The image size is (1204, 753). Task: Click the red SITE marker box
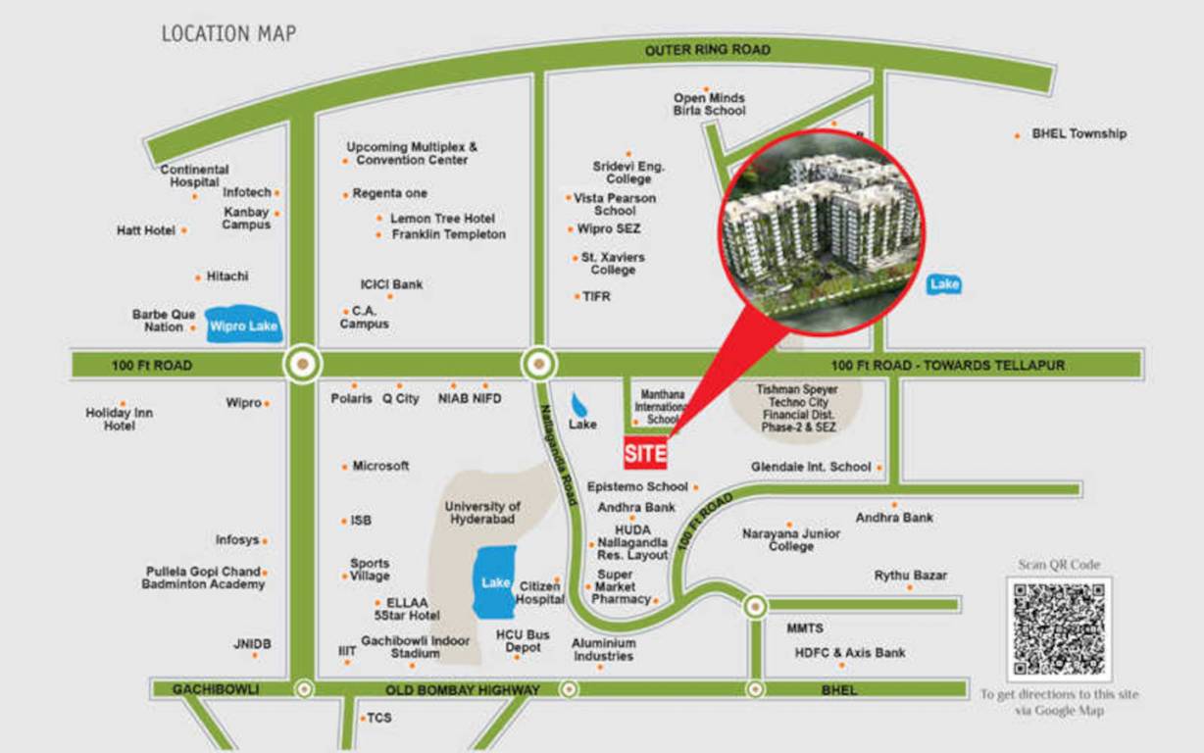[x=645, y=454]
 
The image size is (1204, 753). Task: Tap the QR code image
[x=1059, y=629]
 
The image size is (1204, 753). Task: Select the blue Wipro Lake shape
[x=244, y=326]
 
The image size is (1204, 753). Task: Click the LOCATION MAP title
[x=228, y=34]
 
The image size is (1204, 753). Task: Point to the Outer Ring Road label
[x=707, y=50]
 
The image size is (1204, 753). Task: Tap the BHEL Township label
[x=1079, y=133]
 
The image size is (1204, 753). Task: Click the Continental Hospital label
[x=194, y=176]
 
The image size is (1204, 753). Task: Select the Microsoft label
[x=380, y=466]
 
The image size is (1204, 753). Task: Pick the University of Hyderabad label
[x=483, y=513]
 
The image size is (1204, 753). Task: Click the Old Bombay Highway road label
[x=462, y=690]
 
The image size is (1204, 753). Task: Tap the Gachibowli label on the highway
[x=216, y=689]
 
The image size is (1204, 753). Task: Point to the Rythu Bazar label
[x=911, y=576]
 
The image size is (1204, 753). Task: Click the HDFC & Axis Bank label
[x=850, y=652]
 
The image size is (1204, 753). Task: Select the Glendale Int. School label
[x=811, y=467]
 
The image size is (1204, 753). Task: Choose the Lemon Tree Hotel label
[x=442, y=219]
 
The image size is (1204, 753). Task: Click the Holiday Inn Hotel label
[x=120, y=420]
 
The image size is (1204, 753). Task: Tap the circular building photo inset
[x=822, y=228]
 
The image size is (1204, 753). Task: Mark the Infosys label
[x=237, y=540]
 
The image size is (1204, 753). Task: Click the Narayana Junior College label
[x=790, y=539]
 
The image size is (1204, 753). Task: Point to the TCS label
[x=378, y=718]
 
